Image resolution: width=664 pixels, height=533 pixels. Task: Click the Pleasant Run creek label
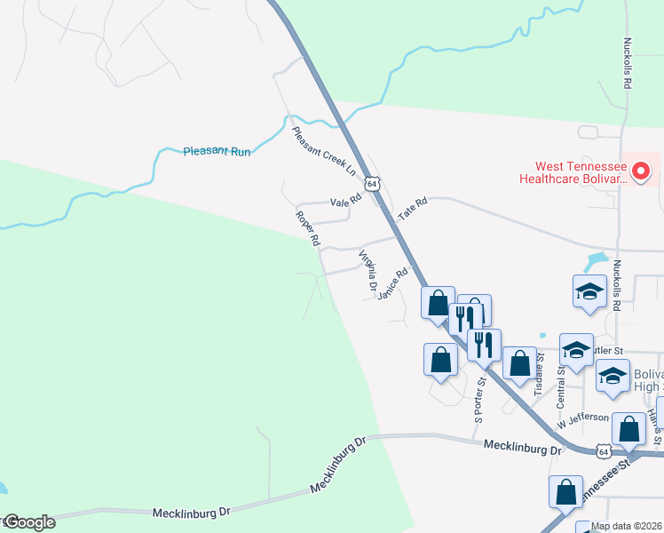[217, 151]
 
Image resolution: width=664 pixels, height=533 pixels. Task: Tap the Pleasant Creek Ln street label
[323, 150]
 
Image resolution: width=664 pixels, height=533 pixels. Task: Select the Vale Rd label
[345, 202]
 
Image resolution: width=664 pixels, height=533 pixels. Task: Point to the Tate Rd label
[413, 209]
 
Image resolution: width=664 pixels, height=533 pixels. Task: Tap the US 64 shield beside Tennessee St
[604, 451]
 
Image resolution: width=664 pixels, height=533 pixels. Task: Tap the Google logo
[28, 522]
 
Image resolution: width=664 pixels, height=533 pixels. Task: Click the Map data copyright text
[626, 526]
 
